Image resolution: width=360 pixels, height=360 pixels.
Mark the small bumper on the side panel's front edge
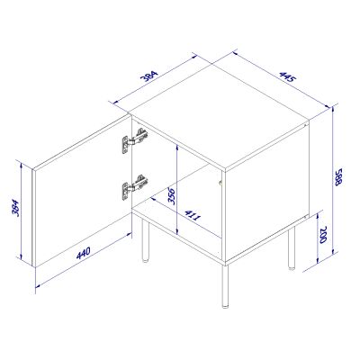coord(220,184)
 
